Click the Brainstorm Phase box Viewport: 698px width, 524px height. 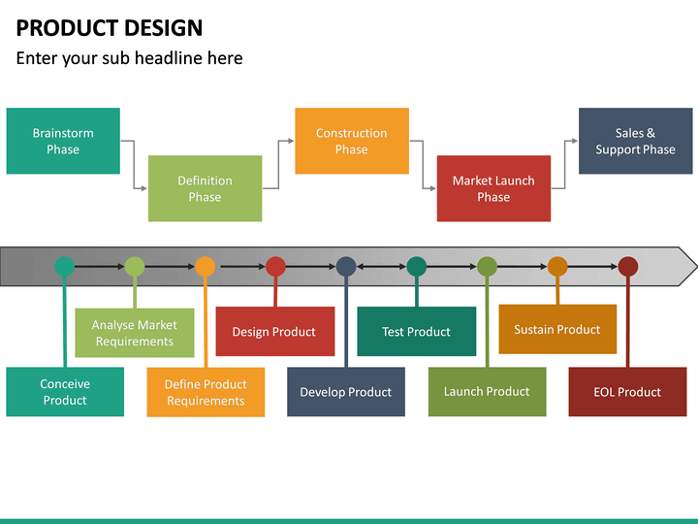[x=63, y=142]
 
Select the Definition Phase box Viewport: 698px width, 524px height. [x=205, y=188]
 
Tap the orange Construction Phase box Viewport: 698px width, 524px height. [x=351, y=142]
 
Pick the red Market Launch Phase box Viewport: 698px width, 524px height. [x=493, y=188]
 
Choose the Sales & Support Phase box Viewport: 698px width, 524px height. [x=636, y=142]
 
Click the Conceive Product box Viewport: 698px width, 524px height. [x=65, y=392]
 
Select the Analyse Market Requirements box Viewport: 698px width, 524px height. [x=135, y=333]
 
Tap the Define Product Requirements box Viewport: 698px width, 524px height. [x=206, y=392]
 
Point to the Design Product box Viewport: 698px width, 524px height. [x=274, y=332]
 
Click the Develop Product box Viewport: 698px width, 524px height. [x=346, y=392]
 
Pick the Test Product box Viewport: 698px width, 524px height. [x=417, y=332]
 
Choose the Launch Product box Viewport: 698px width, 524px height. [x=487, y=392]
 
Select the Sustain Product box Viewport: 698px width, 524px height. [x=557, y=330]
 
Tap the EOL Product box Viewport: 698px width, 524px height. [x=627, y=392]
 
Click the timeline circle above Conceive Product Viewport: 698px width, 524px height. [x=64, y=267]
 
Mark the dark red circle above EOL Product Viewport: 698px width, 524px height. [x=628, y=267]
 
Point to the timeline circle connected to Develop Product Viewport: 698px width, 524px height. [x=346, y=267]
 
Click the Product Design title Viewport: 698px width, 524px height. [x=110, y=28]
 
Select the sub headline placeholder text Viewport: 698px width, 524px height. [x=129, y=58]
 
